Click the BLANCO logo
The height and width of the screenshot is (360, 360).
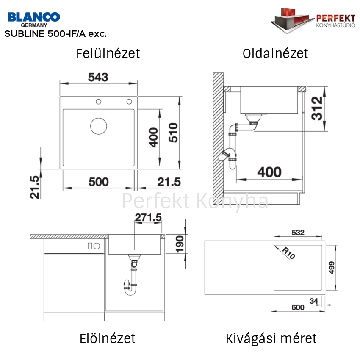pyautogui.click(x=34, y=20)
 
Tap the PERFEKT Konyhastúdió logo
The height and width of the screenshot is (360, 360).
pyautogui.click(x=313, y=21)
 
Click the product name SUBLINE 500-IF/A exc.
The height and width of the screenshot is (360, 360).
pyautogui.click(x=55, y=34)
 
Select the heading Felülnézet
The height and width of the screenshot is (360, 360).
pyautogui.click(x=108, y=53)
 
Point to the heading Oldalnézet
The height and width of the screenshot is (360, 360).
pyautogui.click(x=275, y=53)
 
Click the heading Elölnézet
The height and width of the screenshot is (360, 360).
pyautogui.click(x=108, y=338)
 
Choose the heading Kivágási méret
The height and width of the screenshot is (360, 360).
pyautogui.click(x=271, y=338)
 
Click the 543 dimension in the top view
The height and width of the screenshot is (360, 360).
pyautogui.click(x=98, y=77)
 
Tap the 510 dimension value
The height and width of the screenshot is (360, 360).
pyautogui.click(x=173, y=133)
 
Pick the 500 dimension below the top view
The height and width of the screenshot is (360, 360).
pyautogui.click(x=99, y=182)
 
